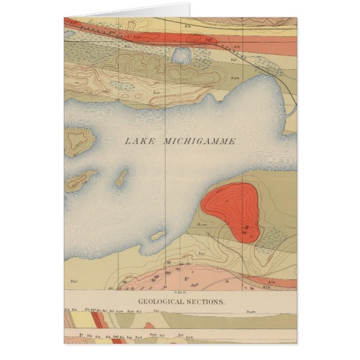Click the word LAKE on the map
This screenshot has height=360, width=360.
pos(139,141)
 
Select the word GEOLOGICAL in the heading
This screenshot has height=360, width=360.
pos(163,301)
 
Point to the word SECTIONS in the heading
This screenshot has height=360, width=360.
pos(207,301)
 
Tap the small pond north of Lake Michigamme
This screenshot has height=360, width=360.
pos(181,55)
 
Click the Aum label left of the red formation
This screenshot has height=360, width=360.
pos(202,224)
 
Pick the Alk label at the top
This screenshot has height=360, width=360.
pos(188,26)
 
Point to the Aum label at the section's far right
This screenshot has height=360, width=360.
pos(251,311)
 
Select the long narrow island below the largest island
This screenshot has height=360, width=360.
pos(79,182)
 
